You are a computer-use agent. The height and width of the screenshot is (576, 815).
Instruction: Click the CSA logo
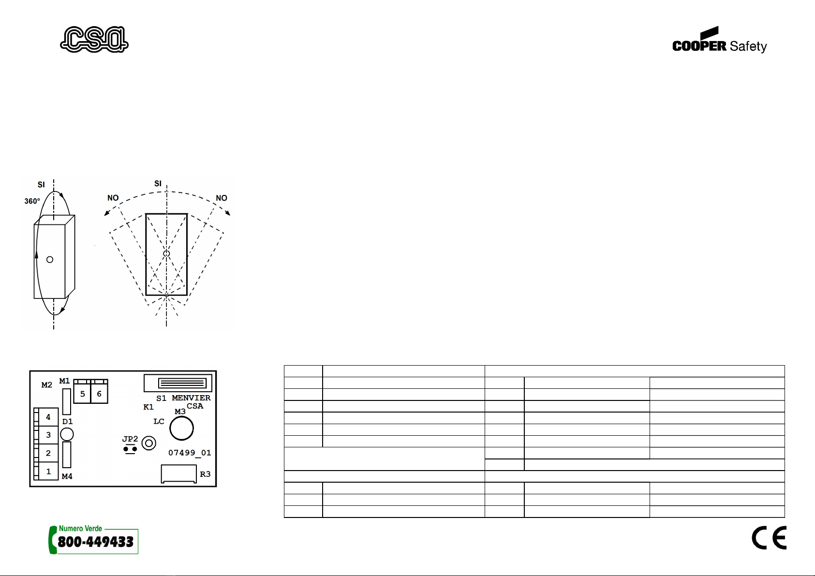click(94, 39)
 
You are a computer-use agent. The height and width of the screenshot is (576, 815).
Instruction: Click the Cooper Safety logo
click(719, 40)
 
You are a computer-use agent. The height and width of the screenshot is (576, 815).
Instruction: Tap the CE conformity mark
click(769, 537)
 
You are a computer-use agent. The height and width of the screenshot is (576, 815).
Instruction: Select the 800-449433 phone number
click(96, 542)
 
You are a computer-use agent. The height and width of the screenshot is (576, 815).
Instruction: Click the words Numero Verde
click(80, 528)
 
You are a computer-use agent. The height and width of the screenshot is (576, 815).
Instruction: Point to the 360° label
click(32, 201)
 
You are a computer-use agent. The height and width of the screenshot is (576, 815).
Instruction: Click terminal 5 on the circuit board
click(83, 394)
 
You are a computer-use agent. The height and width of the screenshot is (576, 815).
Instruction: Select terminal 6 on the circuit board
click(99, 394)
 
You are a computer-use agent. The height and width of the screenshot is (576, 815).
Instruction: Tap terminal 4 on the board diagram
click(48, 417)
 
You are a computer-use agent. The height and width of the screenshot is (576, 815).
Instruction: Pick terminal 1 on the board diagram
click(48, 471)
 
